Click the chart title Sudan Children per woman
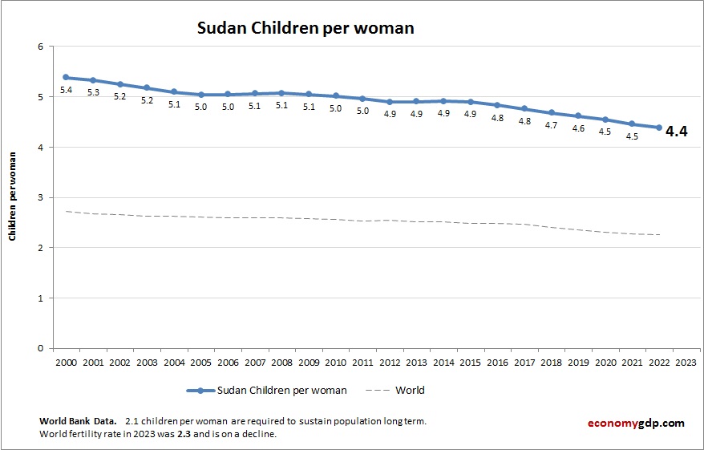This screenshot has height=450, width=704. pos(305,28)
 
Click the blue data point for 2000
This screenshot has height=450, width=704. pos(66,77)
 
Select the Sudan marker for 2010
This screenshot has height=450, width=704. pos(335,95)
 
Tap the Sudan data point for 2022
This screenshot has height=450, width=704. pos(658,128)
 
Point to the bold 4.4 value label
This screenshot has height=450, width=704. pos(677,132)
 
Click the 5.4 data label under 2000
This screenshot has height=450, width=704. pos(66,91)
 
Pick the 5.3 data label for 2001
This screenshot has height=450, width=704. pos(93,93)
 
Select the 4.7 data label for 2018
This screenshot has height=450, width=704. pos(551,126)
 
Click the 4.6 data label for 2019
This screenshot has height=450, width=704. pos(578,128)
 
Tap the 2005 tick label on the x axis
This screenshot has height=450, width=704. pos(200,362)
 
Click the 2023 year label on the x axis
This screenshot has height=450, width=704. pos(686,362)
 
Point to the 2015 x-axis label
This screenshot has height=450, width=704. pos(470,362)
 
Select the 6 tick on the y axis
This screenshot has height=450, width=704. pos(39,47)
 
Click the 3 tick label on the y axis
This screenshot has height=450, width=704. pos(39,197)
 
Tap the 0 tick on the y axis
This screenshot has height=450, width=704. pos(39,348)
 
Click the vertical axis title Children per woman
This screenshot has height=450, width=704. pos(13,197)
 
